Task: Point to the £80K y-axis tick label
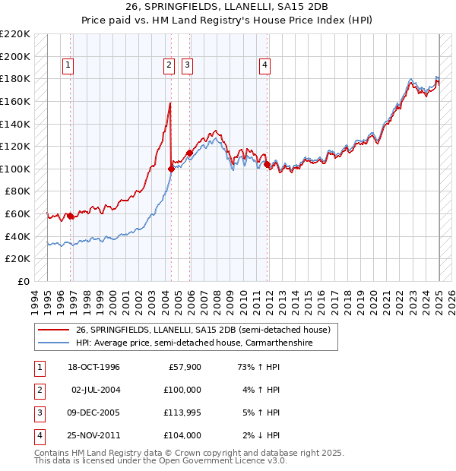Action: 17,191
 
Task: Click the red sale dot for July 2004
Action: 171,169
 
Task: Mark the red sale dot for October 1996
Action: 71,217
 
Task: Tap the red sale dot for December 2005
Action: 189,153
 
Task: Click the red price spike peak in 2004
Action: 169,103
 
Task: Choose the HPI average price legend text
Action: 205,343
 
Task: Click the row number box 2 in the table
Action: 38,390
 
